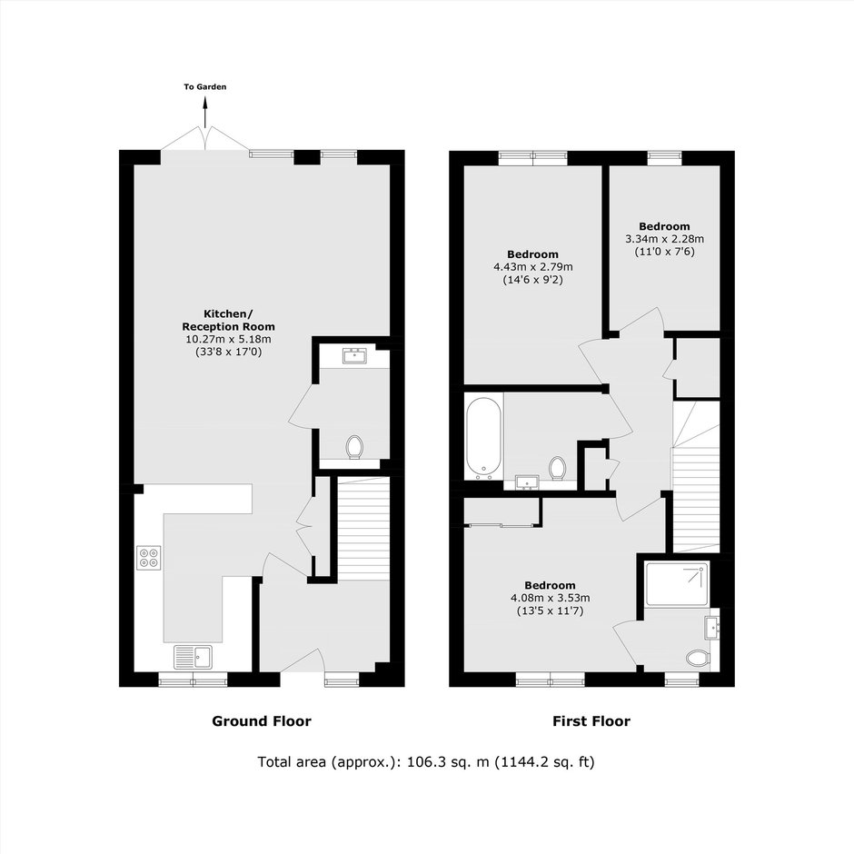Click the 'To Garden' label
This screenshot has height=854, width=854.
click(204, 86)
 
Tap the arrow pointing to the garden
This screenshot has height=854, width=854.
click(205, 112)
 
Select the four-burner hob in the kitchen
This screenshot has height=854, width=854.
click(149, 558)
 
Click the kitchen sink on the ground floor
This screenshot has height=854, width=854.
click(194, 657)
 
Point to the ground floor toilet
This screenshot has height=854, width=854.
click(354, 447)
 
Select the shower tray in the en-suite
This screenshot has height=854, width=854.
click(677, 584)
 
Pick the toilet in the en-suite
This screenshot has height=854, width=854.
click(699, 659)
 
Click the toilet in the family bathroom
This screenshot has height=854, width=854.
click(557, 469)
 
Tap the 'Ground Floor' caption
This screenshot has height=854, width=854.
click(262, 721)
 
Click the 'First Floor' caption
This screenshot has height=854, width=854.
click(591, 721)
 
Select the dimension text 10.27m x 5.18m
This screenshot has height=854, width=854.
click(229, 339)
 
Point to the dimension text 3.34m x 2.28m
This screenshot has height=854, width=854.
click(664, 239)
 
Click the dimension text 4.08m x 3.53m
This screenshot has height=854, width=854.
click(550, 598)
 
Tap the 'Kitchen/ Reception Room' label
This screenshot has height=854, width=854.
click(229, 320)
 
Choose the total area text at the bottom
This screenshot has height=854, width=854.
click(426, 761)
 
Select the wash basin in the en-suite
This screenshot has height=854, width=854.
click(712, 628)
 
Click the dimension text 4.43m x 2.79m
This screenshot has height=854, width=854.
click(533, 267)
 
